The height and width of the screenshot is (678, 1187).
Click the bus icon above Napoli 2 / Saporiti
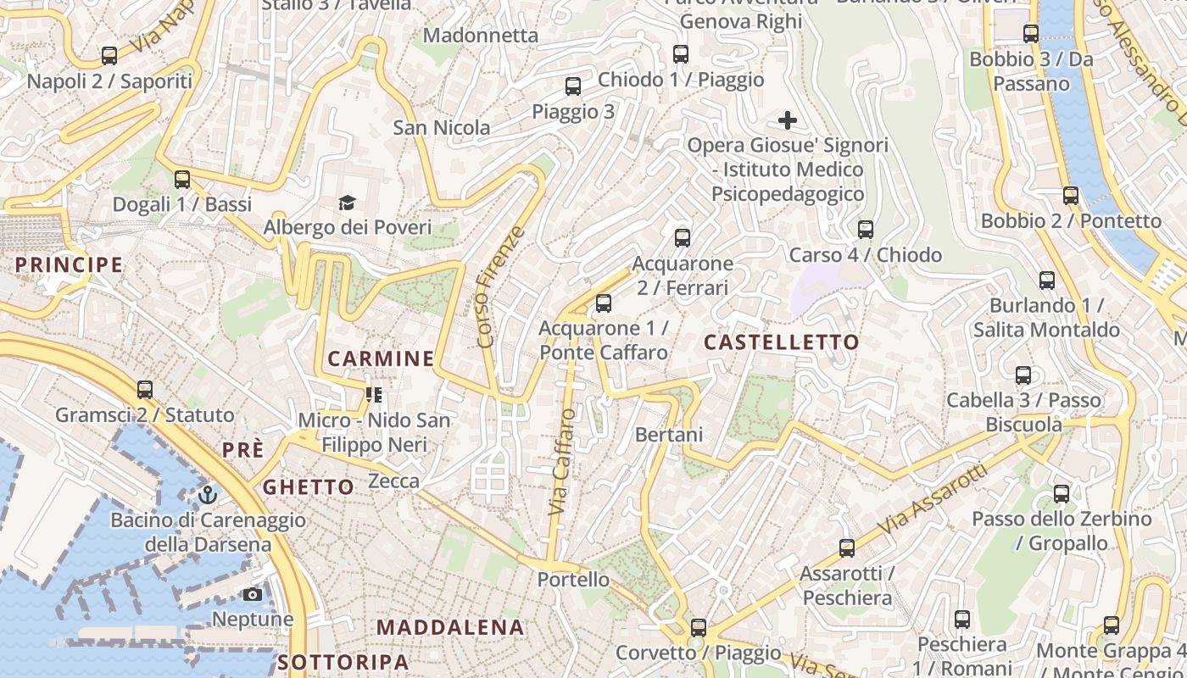(109, 56)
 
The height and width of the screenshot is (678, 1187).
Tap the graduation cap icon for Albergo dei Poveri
(347, 203)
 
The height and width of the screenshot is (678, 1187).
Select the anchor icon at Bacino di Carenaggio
(208, 494)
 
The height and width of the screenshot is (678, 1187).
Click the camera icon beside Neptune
(253, 594)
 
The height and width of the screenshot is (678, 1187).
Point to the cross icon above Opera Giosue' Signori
(788, 120)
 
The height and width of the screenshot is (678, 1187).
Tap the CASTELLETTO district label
(782, 342)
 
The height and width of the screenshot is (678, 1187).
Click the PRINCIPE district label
(70, 264)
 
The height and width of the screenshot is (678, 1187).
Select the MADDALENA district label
(450, 628)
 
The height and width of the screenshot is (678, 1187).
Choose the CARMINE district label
(381, 358)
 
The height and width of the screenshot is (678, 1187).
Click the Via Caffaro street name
(561, 462)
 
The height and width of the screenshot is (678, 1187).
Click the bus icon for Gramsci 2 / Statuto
(145, 390)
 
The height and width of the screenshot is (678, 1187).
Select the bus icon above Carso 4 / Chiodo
(866, 230)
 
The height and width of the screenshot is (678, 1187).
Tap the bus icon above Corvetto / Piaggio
(698, 628)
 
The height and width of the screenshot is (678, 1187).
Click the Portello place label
(573, 580)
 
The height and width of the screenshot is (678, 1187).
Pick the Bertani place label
(669, 435)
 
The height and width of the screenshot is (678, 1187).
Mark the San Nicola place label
(441, 128)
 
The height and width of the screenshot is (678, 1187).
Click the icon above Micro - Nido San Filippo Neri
(373, 394)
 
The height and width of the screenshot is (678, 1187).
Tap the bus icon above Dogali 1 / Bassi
(182, 180)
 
